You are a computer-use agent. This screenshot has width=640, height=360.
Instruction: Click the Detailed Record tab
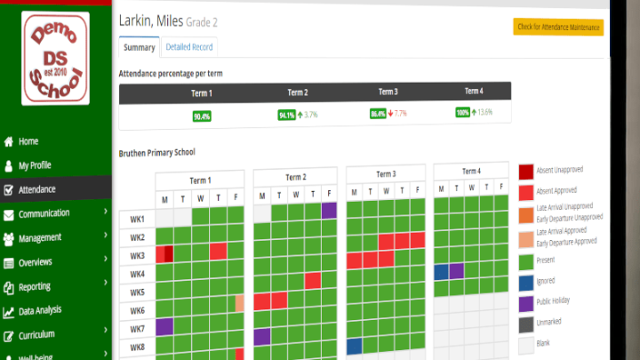pos(189,47)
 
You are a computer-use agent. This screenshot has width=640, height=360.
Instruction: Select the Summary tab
pos(139,47)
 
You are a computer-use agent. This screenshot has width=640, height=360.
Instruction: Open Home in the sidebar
pos(28,140)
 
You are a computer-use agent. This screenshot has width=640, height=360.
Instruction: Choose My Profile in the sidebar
pos(35,164)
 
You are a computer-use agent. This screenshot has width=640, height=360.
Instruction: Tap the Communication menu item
pos(44,213)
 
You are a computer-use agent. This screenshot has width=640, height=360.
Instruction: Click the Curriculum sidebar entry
pos(37,334)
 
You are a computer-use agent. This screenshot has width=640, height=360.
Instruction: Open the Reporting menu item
pos(35,286)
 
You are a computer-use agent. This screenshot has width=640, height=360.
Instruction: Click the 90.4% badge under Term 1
pos(202,116)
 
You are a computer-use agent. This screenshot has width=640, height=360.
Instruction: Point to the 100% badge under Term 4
pos(463,113)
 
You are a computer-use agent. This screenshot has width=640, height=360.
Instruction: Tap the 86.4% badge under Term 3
pos(378,114)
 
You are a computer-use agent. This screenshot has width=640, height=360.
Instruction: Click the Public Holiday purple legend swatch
pos(526,301)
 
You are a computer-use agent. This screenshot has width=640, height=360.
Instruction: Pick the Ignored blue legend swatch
pos(526,281)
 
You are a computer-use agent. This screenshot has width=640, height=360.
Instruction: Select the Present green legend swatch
pos(526,260)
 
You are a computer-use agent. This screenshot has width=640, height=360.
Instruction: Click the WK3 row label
pos(137,256)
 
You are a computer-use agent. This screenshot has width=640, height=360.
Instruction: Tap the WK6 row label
pos(137,310)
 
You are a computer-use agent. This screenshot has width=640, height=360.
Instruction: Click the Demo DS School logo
pos(56,58)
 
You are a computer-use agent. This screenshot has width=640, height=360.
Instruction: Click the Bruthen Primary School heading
pos(156,153)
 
